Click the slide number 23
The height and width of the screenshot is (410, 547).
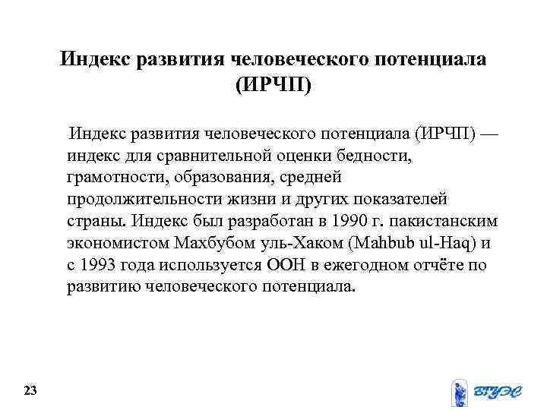click(x=30, y=391)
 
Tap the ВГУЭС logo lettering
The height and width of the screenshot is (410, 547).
click(x=500, y=392)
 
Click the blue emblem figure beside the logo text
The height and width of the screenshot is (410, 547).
click(x=460, y=392)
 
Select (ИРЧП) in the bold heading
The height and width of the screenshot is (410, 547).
click(x=273, y=84)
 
